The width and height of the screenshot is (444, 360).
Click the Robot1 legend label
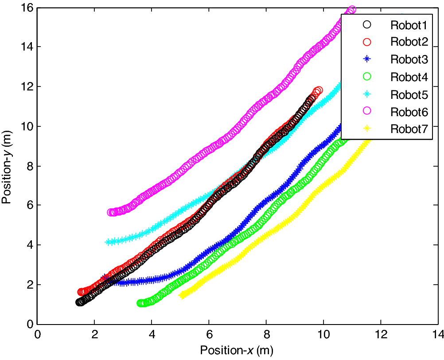[409, 25]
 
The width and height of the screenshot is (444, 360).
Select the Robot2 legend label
[409, 42]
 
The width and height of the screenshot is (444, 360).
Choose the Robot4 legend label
[409, 77]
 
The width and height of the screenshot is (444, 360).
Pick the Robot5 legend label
[409, 94]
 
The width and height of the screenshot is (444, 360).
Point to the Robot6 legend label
[409, 112]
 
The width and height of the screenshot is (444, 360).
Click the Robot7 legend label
[409, 129]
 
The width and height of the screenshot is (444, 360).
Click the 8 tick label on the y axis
[29, 166]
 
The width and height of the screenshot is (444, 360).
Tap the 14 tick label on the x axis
[437, 333]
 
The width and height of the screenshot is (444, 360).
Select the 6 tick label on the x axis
[209, 333]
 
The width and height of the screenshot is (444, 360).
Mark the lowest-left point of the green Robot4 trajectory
[140, 303]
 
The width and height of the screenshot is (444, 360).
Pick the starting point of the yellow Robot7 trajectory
[181, 295]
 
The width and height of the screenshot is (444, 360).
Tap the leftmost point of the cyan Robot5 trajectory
[107, 242]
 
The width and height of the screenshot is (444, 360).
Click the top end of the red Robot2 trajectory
[318, 90]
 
